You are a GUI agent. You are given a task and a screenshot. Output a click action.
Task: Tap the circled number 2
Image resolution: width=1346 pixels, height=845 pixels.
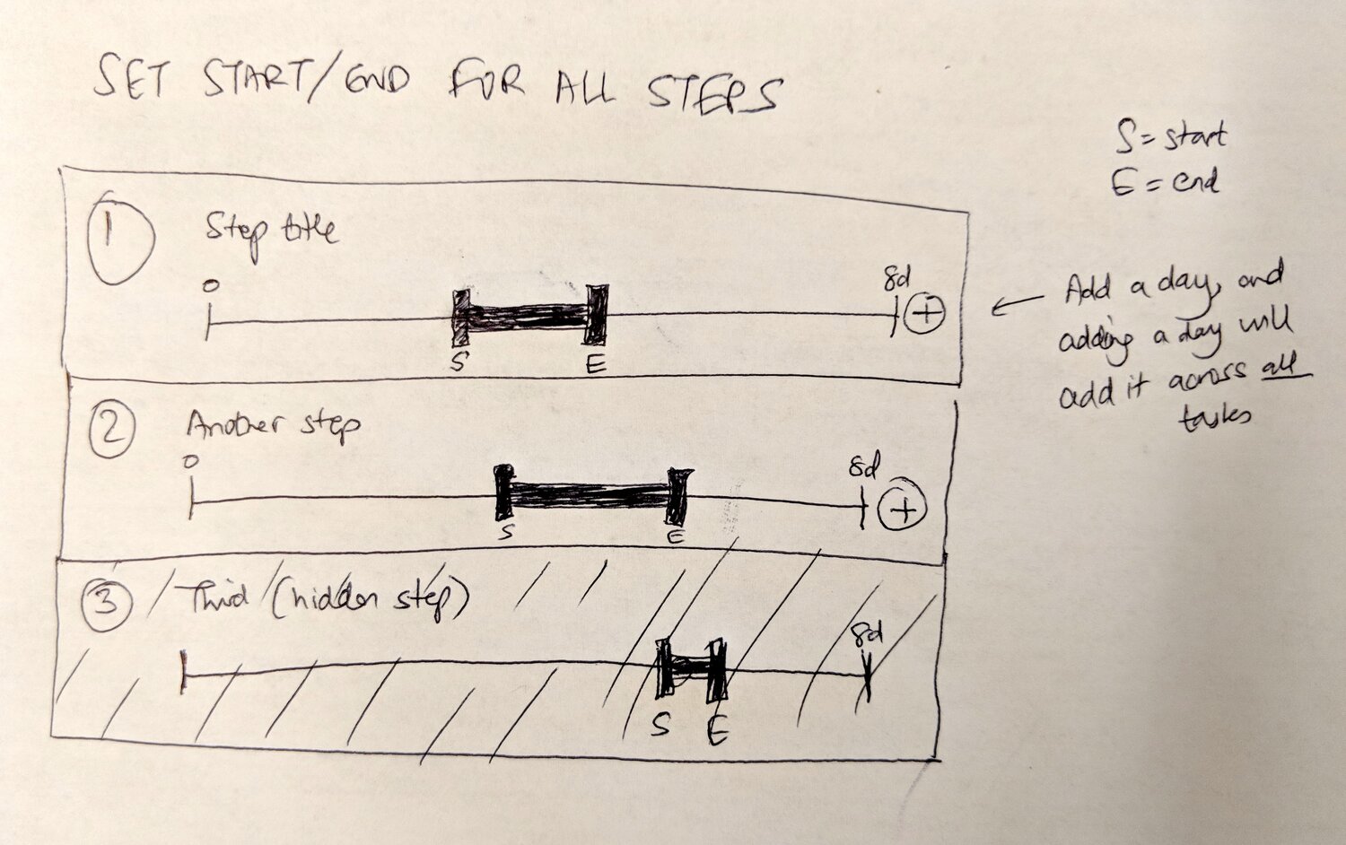111,431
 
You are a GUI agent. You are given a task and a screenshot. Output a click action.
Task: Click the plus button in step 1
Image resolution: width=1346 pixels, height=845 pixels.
924,313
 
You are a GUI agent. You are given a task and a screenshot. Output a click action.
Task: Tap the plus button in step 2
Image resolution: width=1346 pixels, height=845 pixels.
903,510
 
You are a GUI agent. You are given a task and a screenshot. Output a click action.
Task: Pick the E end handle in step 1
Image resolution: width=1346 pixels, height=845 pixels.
596,314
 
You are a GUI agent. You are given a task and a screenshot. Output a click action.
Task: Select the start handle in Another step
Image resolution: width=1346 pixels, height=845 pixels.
505,492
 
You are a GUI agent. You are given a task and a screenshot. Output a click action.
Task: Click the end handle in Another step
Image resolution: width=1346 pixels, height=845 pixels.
678,495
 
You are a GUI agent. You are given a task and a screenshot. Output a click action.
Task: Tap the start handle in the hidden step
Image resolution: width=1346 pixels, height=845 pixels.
665,668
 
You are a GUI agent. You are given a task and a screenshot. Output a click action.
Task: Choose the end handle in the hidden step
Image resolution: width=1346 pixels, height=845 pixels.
716,671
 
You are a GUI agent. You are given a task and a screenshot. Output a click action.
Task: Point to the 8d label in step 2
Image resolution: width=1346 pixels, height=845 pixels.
864,467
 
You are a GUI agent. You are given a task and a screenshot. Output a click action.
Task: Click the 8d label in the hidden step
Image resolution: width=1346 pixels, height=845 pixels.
867,635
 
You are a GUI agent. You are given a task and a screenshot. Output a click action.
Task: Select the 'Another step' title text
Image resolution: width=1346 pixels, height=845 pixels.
273,423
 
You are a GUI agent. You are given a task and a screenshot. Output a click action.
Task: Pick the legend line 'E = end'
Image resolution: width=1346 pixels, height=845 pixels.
1164,184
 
